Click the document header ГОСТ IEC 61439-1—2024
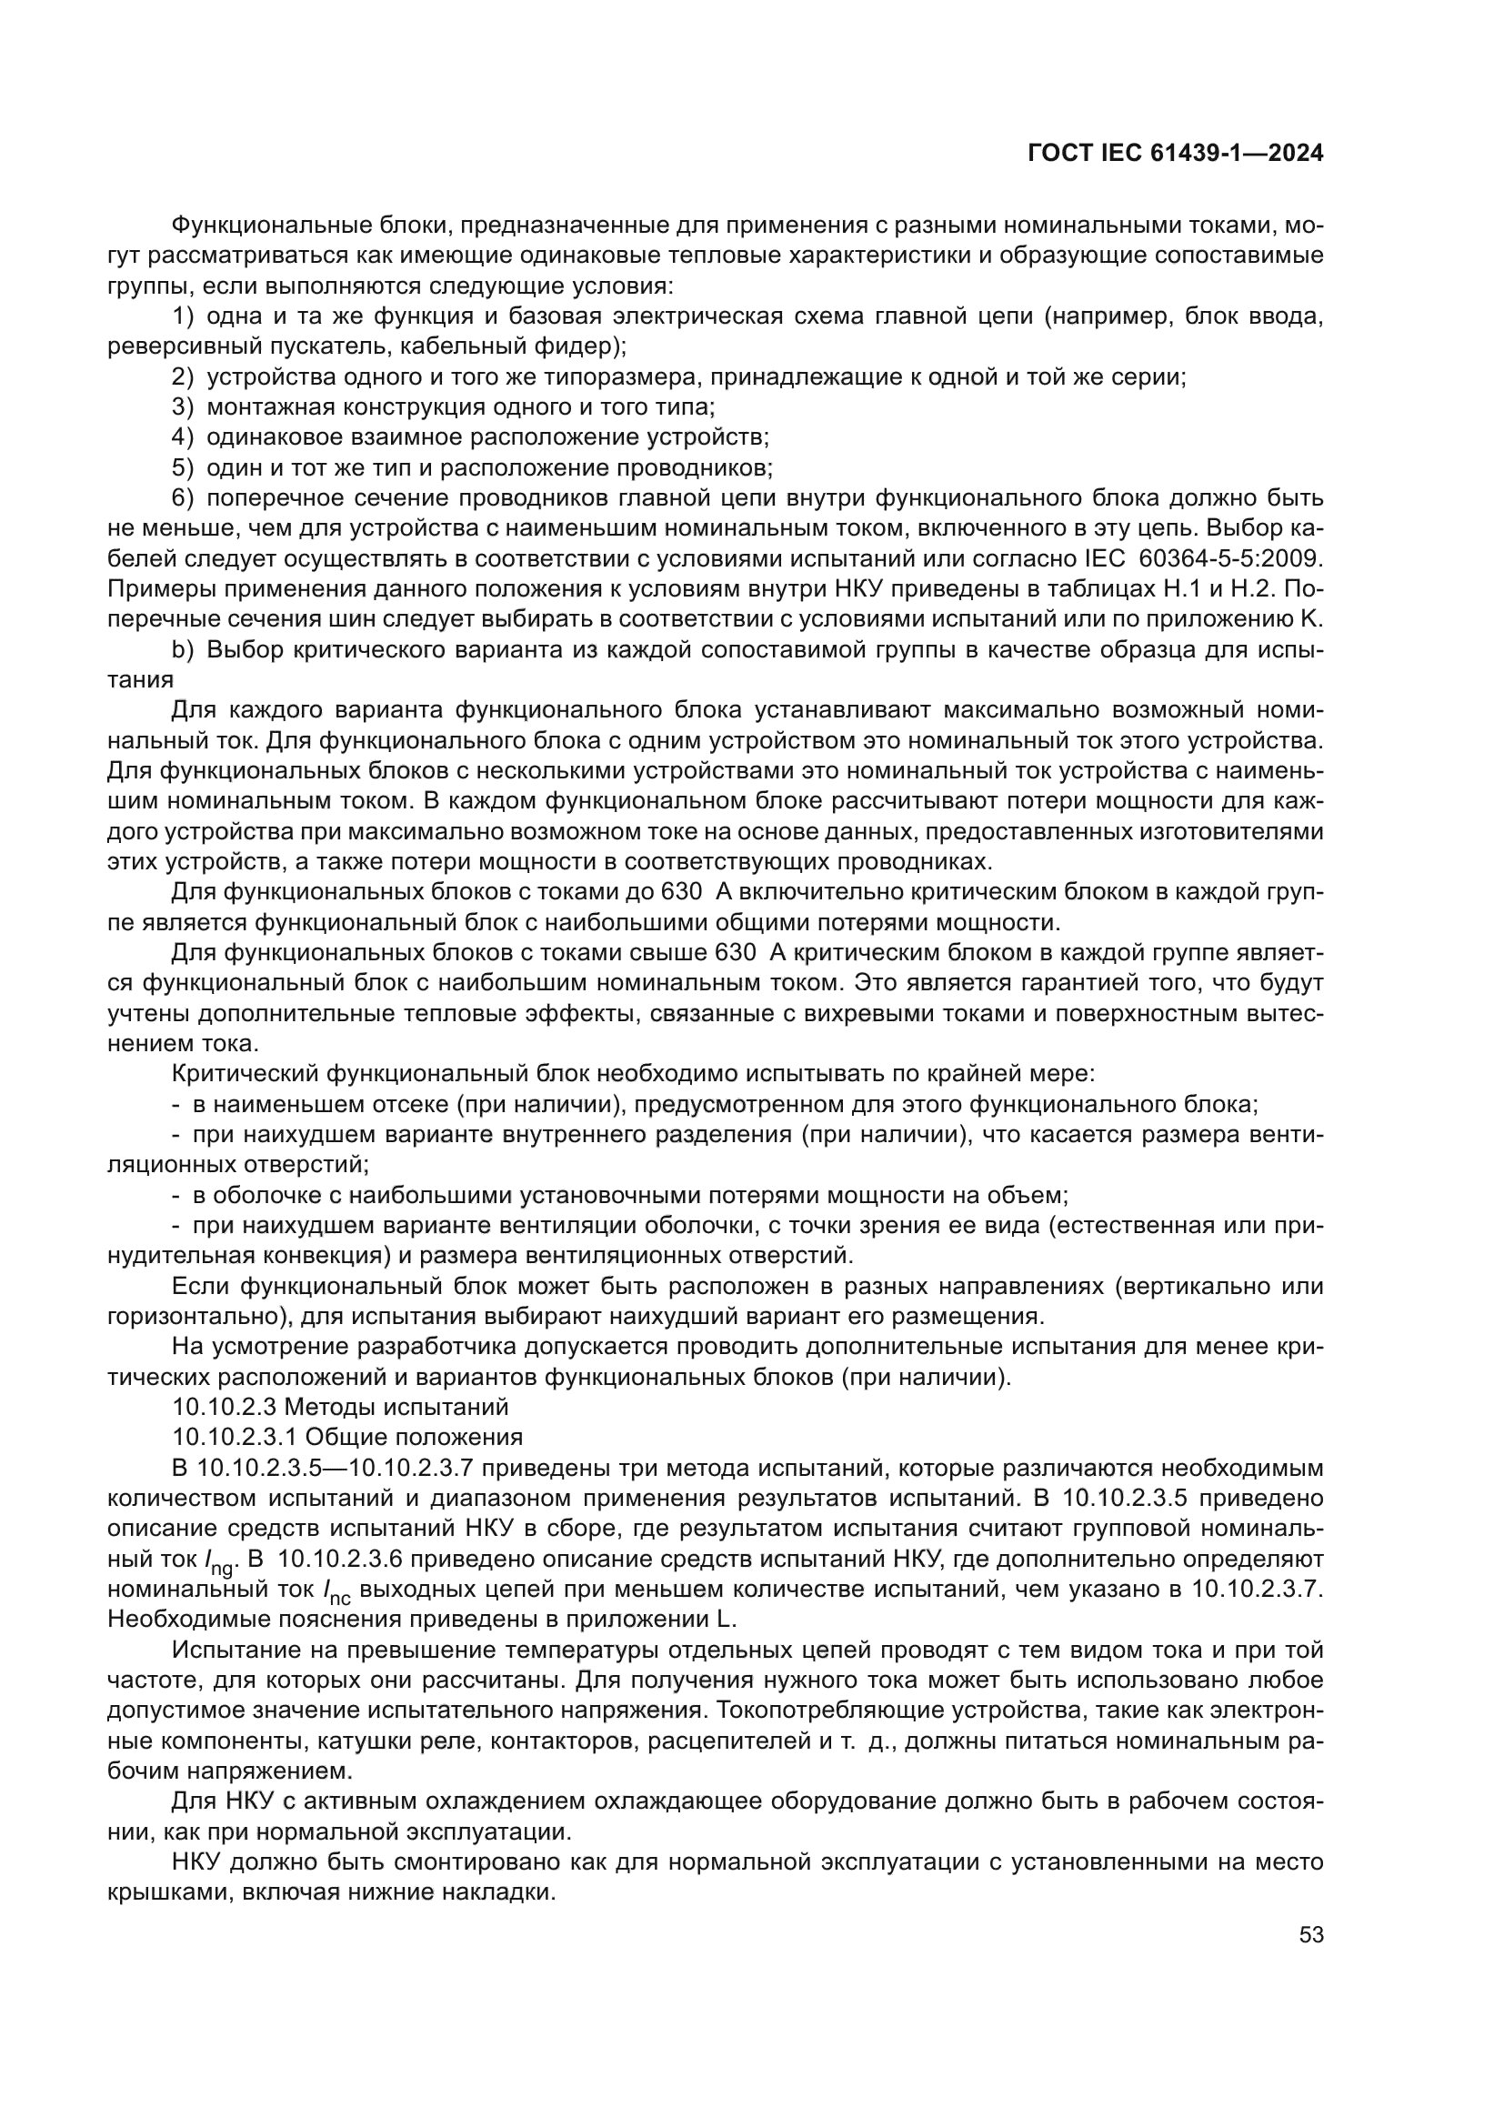(1174, 153)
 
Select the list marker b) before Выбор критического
(183, 649)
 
